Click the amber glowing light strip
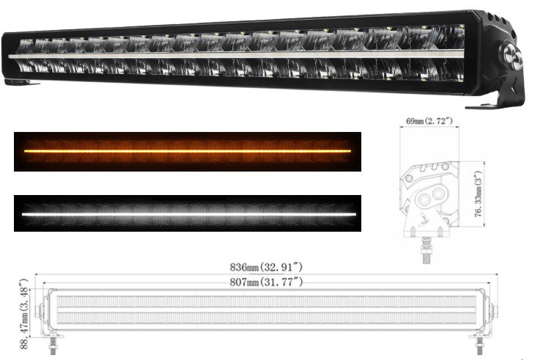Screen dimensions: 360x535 coord(188,151)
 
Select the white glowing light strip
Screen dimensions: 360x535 coord(188,214)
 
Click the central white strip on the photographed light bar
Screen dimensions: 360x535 coord(235,55)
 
